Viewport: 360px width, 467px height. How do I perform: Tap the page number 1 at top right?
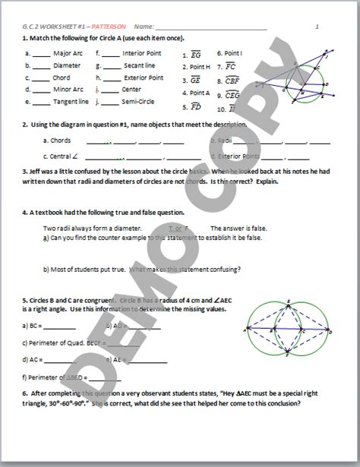tap(316, 27)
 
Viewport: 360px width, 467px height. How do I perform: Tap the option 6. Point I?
tap(230, 54)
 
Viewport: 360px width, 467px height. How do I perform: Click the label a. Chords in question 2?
tap(56, 140)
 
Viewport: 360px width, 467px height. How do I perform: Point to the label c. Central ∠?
tap(61, 156)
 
